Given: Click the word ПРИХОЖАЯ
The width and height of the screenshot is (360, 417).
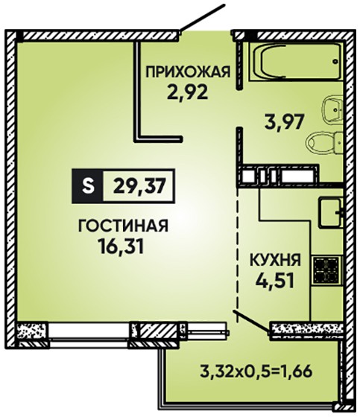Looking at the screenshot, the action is [188, 72].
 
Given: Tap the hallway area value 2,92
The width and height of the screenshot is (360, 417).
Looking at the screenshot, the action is [187, 92].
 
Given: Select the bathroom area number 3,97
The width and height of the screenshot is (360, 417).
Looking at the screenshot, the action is [284, 123].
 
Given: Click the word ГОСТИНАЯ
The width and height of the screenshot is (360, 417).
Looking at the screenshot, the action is [123, 226].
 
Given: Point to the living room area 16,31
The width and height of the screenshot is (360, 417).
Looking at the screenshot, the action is [121, 246].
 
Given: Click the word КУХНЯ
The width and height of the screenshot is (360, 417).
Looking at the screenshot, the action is [275, 260].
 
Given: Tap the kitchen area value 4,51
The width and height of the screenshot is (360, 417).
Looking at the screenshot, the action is [275, 281].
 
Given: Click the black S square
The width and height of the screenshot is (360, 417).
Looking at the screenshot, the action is [88, 186].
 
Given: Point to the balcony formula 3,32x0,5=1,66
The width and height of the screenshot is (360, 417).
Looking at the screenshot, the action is [256, 372].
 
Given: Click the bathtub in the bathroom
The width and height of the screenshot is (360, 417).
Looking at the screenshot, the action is [295, 61].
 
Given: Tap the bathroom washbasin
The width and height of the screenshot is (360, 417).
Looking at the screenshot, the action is [332, 109].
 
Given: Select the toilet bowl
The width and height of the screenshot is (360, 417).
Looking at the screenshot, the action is [323, 142].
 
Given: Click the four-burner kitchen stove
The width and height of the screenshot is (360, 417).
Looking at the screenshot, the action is [326, 270].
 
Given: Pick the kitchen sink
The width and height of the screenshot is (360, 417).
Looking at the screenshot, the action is [330, 212].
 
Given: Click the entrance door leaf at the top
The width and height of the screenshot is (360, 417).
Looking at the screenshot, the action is [203, 18].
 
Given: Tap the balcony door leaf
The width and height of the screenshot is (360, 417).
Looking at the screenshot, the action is [252, 321].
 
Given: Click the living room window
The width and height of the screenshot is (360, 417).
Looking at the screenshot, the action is [89, 331].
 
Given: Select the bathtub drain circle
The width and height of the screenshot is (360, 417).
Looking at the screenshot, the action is [335, 61].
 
